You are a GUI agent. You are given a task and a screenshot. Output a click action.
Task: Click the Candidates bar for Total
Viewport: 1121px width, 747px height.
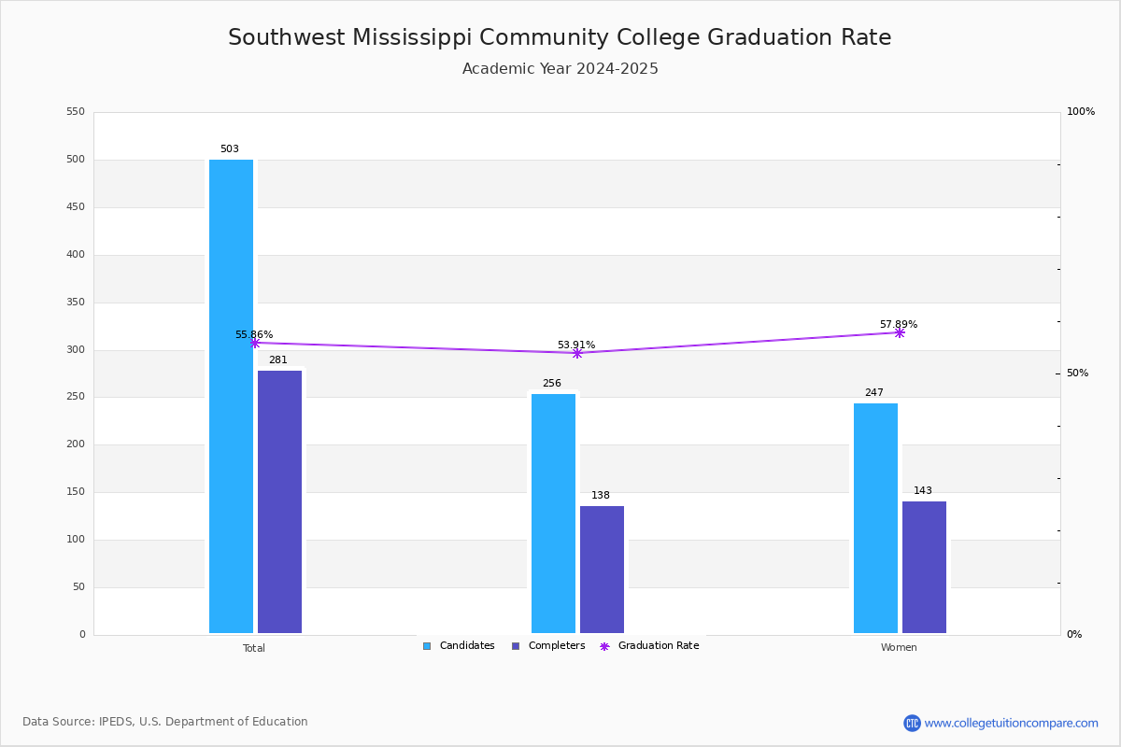231,397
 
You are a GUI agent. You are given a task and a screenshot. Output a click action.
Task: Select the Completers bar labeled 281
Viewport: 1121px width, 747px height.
279,502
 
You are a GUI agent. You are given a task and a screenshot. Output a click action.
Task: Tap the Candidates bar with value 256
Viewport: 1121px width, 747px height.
553,514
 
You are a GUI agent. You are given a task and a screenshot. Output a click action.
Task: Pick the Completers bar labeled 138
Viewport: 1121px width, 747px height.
602,570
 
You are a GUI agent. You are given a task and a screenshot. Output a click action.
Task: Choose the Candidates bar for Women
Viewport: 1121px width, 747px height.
875,518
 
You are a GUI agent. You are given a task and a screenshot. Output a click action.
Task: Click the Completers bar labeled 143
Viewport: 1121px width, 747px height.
924,568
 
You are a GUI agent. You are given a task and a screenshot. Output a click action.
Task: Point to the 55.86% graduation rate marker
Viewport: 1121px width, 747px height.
255,343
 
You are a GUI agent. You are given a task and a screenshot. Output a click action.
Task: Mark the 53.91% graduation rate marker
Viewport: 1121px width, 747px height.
577,353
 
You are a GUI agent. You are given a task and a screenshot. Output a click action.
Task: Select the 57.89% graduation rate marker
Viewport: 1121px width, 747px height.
900,332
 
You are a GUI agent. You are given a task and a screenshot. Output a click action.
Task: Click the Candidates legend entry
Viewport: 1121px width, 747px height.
459,646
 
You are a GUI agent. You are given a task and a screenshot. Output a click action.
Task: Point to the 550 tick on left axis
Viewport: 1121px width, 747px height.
76,112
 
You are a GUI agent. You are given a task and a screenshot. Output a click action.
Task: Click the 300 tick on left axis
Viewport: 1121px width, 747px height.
76,350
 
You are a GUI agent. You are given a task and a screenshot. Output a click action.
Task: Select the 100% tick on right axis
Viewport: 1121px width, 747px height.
1081,112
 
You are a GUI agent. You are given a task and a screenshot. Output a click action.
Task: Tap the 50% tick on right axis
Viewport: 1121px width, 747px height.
1078,373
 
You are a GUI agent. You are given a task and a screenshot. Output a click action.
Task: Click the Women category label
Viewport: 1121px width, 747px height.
899,648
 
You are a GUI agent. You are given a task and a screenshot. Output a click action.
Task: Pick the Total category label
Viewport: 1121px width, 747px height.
254,648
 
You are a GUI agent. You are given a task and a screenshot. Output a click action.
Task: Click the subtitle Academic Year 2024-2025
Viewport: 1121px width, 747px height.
560,69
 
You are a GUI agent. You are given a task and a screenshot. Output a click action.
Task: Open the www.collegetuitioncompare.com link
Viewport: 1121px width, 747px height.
1011,723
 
